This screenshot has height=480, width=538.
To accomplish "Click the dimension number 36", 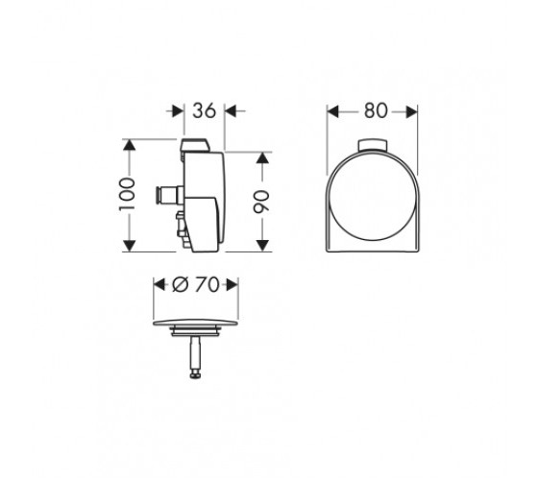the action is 204,110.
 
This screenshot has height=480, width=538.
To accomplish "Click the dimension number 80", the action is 376,111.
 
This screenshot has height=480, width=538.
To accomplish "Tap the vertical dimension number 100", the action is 127,194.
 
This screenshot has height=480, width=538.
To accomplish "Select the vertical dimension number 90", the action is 261,202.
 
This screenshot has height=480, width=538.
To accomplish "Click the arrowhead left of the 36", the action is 178,111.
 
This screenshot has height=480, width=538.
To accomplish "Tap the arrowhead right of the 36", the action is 232,111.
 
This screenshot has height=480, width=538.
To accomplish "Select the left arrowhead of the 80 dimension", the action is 332,111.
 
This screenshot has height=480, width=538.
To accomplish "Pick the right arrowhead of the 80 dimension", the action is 411,111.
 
